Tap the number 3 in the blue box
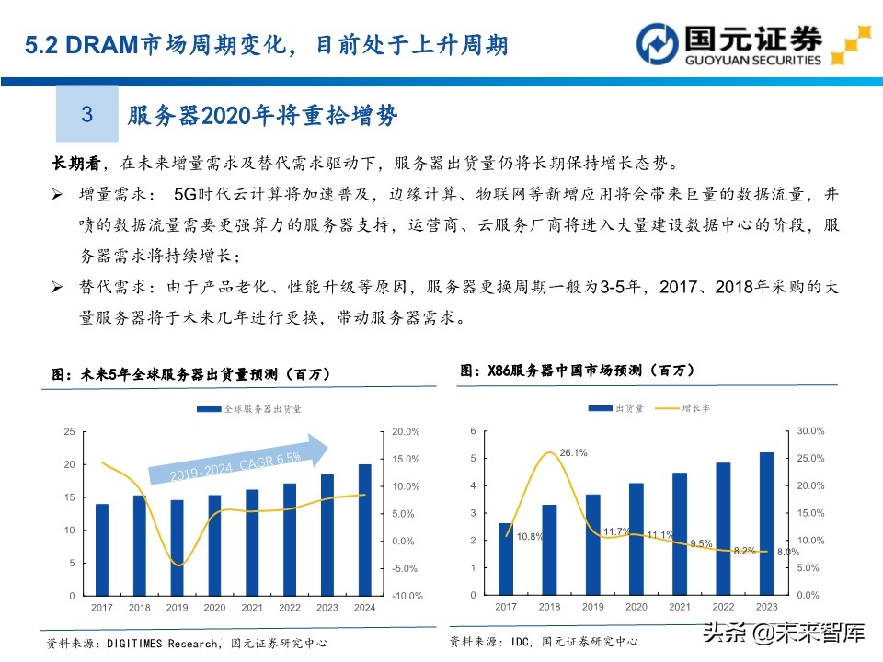87,115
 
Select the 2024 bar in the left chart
365,530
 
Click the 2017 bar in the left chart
102,549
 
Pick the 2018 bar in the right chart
549,549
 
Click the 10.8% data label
530,535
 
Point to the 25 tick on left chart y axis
70,431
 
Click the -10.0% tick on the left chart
406,596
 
